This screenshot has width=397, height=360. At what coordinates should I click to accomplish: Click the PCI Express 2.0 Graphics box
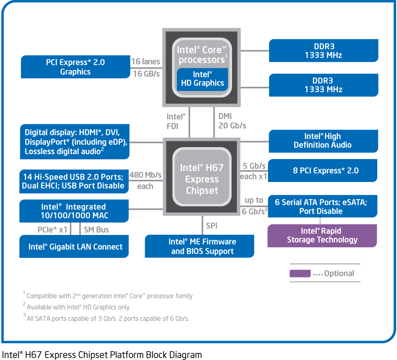coord(75,67)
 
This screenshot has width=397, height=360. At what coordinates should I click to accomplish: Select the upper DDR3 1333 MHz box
coord(323,51)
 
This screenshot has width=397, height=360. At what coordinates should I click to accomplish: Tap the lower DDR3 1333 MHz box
coord(323,85)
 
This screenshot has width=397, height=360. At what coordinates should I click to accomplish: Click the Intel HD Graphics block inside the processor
coord(202,79)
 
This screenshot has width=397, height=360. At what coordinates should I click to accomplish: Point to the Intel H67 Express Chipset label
coord(202,179)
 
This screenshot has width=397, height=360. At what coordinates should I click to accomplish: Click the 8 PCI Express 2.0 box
coord(322,171)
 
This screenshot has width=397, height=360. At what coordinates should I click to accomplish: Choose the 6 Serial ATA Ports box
coord(322,206)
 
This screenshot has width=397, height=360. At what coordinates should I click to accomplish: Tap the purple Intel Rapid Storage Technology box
coord(322,235)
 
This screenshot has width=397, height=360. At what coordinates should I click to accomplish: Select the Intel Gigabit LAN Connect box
coord(74,247)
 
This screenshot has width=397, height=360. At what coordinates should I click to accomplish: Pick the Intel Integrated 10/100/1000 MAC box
coord(74,211)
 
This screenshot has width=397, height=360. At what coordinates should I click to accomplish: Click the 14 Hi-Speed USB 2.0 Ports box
coord(74,181)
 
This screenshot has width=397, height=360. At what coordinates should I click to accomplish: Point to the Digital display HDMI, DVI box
coord(75,142)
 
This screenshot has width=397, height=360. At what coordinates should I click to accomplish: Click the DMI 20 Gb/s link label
coord(232,121)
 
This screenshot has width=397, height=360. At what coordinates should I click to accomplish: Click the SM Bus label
coord(96,230)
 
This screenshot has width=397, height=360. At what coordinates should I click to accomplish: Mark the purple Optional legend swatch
coord(300,274)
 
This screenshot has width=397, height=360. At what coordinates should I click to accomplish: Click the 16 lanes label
coord(146,62)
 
